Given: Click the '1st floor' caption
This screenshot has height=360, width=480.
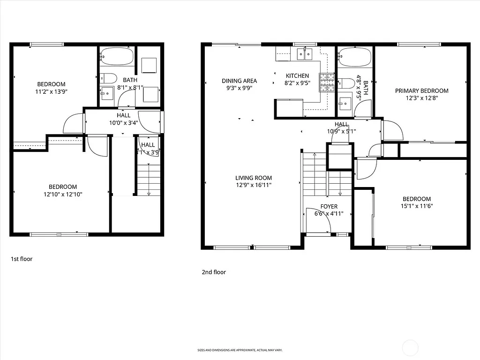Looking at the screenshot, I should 22,258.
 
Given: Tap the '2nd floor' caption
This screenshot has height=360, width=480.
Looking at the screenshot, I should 214,272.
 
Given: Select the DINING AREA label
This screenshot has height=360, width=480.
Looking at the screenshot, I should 239,81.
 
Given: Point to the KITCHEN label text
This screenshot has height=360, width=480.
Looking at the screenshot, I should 297,75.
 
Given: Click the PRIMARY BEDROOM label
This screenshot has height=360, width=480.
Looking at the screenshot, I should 421,91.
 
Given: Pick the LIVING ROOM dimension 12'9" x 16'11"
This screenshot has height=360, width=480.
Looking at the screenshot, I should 254,185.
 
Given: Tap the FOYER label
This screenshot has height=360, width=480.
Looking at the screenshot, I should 329,206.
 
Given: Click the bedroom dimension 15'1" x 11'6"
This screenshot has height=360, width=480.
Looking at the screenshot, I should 416,206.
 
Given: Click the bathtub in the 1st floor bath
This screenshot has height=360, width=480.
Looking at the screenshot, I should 117,57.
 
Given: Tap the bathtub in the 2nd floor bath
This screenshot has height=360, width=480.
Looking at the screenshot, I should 355,57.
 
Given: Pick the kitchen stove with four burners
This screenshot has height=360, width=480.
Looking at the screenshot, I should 327,82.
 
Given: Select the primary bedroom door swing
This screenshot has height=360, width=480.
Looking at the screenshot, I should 392,130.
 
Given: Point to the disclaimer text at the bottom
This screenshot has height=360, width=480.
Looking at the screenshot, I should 240,350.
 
